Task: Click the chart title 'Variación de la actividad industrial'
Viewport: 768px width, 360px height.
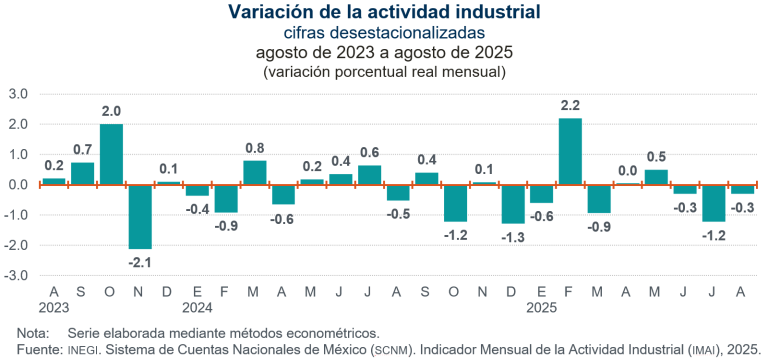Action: click(x=385, y=12)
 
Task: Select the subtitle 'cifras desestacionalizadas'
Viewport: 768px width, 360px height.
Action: click(x=385, y=32)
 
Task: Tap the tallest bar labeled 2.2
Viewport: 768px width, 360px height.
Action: click(x=570, y=151)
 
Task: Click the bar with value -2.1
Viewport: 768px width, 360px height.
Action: click(x=140, y=216)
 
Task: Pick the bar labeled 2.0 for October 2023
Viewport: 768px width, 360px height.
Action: click(x=111, y=154)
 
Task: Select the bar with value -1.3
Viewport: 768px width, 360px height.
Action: click(x=513, y=204)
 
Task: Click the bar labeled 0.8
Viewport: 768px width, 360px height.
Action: click(x=255, y=173)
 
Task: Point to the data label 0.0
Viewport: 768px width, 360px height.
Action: click(x=627, y=171)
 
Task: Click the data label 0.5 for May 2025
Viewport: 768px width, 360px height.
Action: click(x=656, y=157)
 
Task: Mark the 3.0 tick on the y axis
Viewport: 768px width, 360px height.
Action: click(x=19, y=94)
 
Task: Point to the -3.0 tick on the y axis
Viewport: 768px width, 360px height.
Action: click(x=18, y=275)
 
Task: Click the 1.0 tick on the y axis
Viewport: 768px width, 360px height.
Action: click(x=19, y=154)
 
